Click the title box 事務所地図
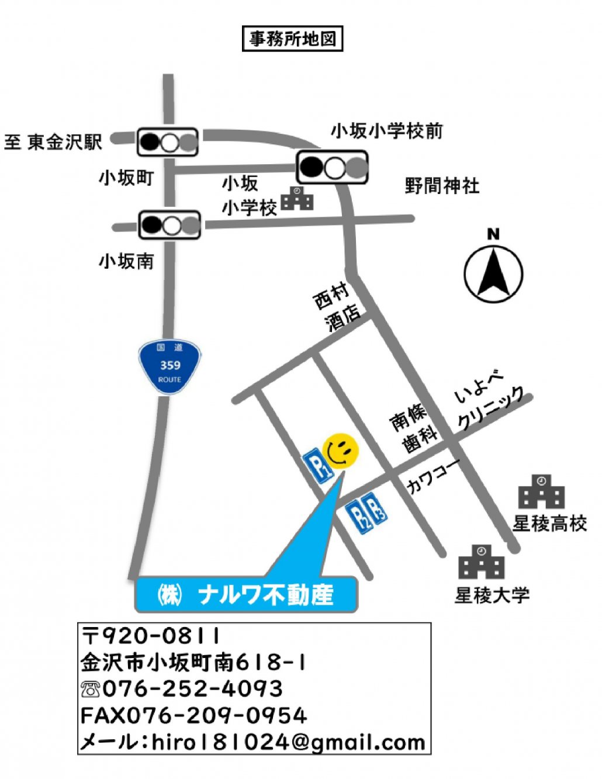(292, 39)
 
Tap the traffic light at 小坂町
(168, 142)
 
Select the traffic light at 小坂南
(169, 225)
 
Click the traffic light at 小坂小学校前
(333, 167)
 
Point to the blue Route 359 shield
(169, 366)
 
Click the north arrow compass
(493, 273)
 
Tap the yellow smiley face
(341, 451)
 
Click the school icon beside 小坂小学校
(297, 199)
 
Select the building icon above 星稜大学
(481, 562)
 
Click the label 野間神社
(442, 186)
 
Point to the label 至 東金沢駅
(53, 142)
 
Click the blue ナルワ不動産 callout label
(245, 595)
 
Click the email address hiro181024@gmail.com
(288, 742)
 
